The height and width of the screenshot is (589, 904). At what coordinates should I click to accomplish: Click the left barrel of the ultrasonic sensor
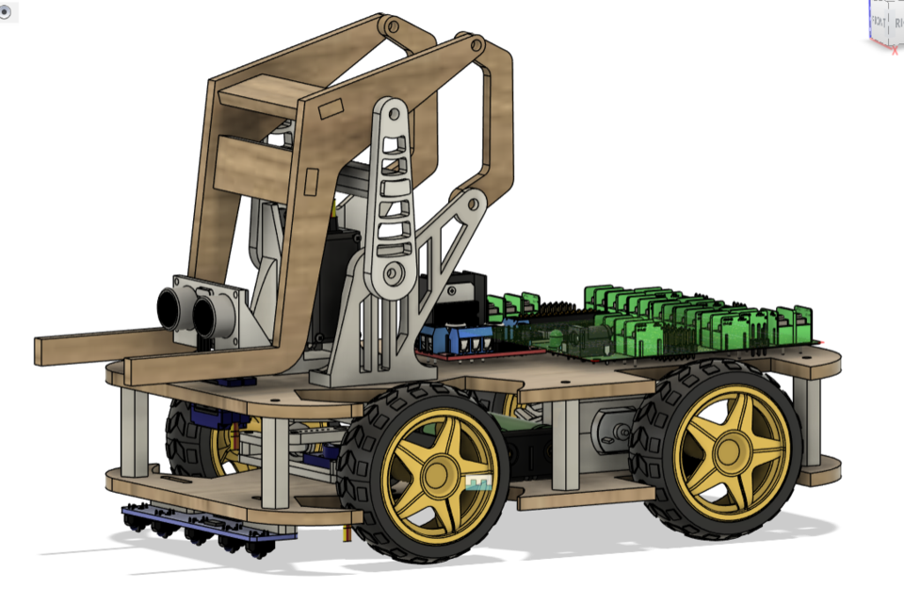171,306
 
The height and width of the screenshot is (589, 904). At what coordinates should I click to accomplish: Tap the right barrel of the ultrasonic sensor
203,316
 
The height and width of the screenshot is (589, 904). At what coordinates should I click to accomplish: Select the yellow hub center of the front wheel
441,468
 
